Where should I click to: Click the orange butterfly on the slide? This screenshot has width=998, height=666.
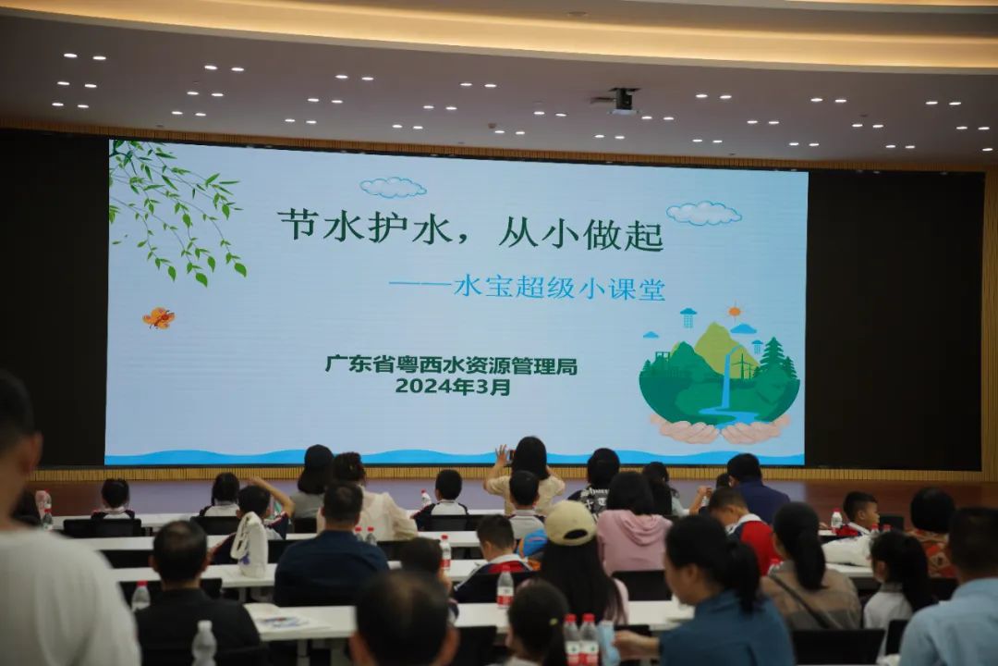tap(159, 318)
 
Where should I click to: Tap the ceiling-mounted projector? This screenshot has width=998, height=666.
tap(623, 99)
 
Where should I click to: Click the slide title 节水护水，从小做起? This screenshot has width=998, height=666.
tap(470, 228)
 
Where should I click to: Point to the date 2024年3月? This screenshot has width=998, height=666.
tap(452, 387)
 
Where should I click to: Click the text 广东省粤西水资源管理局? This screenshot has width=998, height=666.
tap(451, 365)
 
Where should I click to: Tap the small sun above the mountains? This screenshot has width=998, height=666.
tap(735, 311)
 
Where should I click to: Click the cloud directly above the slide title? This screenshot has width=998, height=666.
tap(393, 188)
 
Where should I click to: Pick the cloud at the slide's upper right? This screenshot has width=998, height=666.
tap(704, 214)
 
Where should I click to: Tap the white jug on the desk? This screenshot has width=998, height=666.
tap(250, 545)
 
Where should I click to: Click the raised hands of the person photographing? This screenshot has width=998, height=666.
tap(503, 454)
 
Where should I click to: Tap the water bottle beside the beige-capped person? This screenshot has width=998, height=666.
tap(505, 588)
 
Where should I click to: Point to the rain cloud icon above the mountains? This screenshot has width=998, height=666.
tap(688, 317)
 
